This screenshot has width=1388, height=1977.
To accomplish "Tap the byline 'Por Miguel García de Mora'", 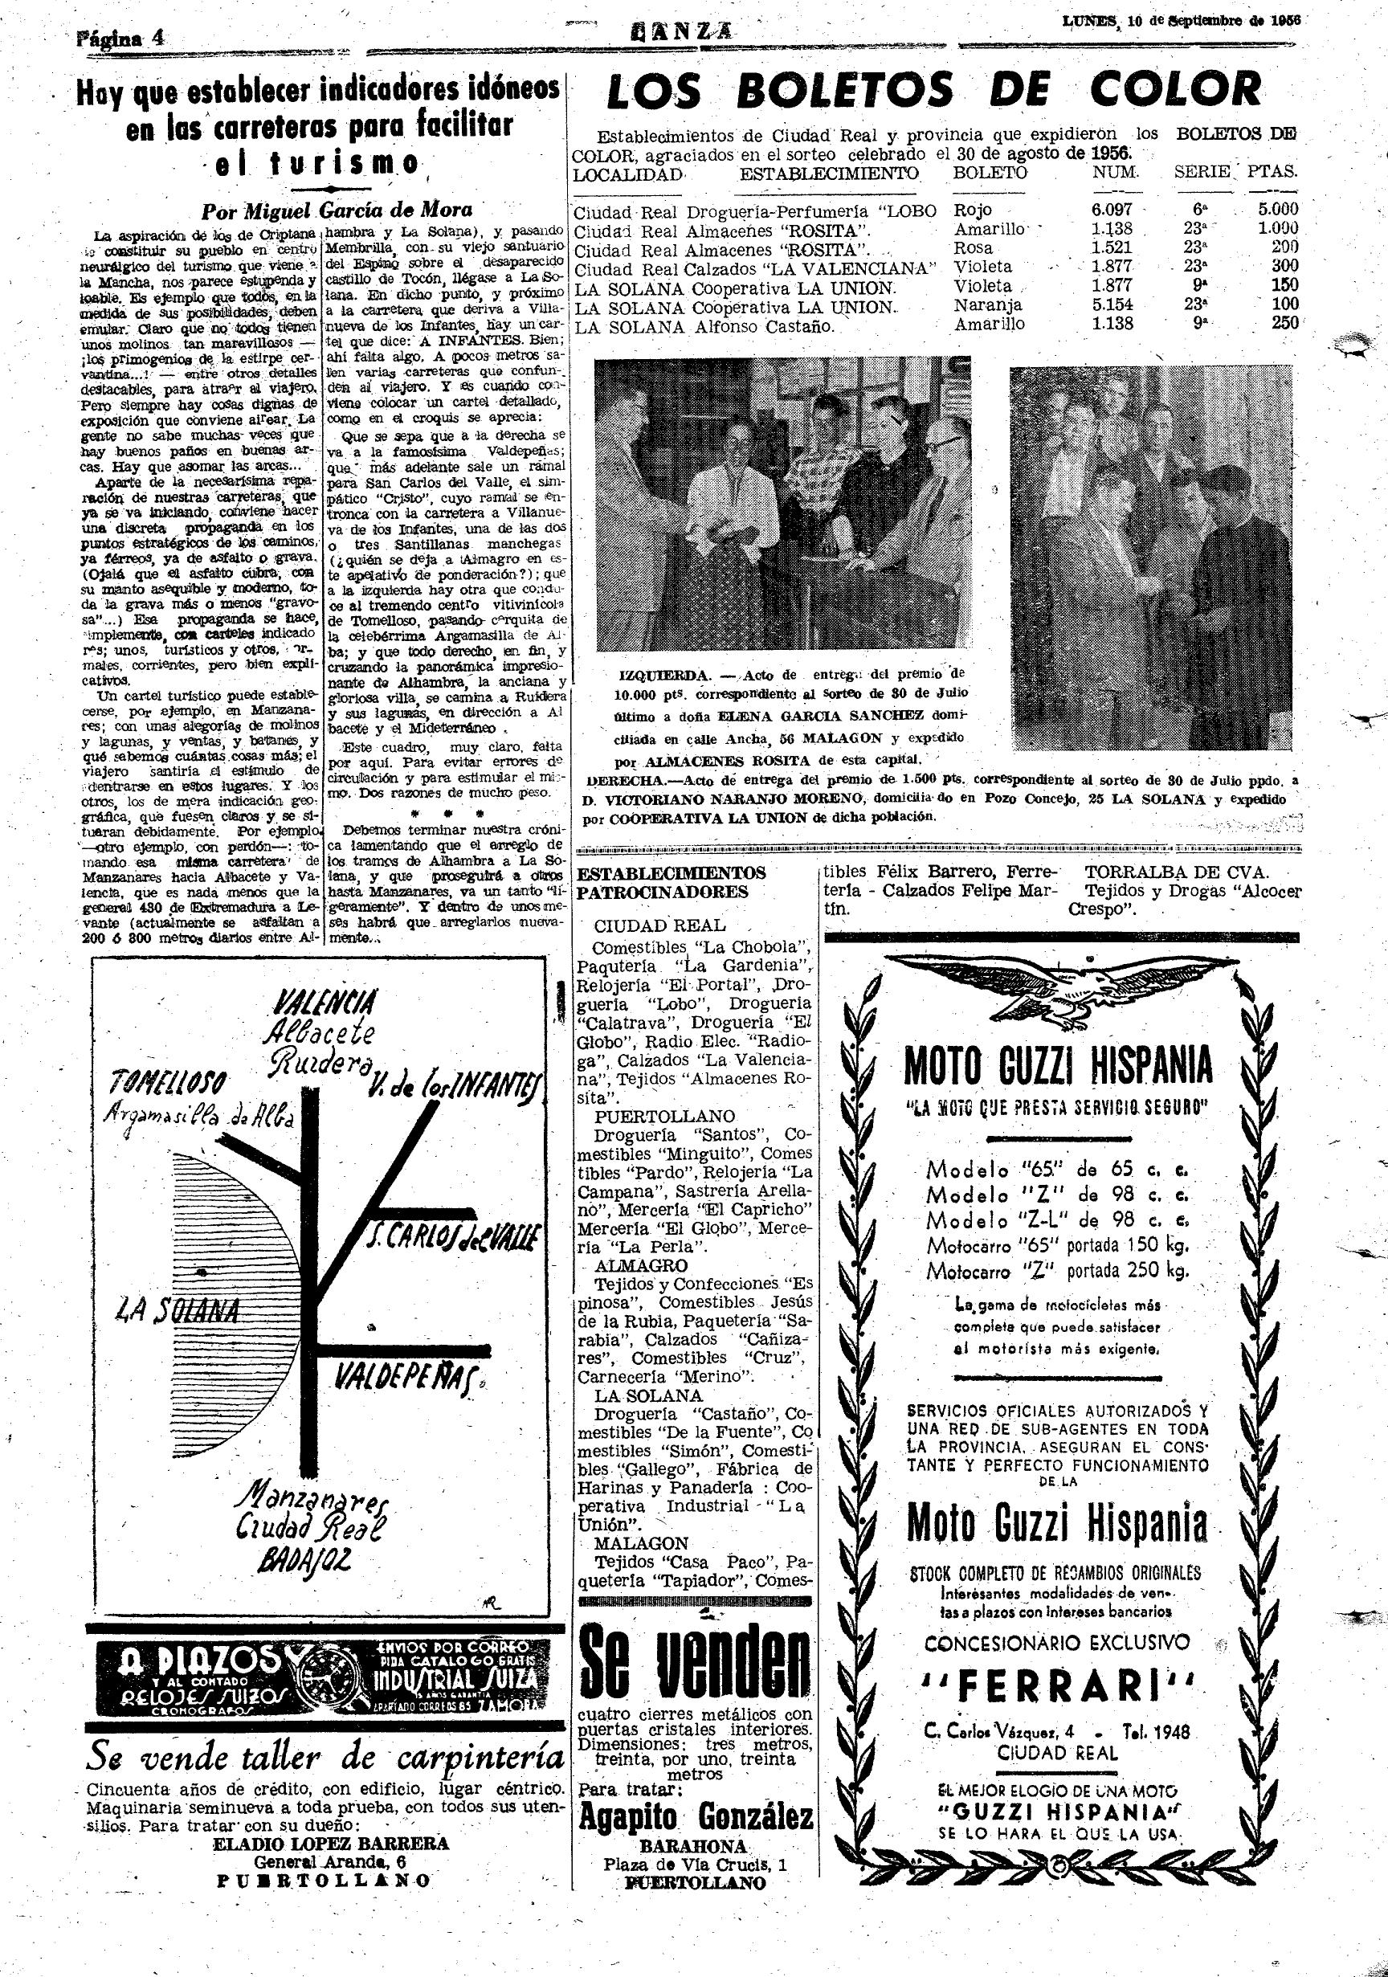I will (x=337, y=210).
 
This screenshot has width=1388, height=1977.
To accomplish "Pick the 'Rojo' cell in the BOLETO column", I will (x=973, y=209).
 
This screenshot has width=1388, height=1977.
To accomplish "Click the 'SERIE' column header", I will (x=1201, y=171).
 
